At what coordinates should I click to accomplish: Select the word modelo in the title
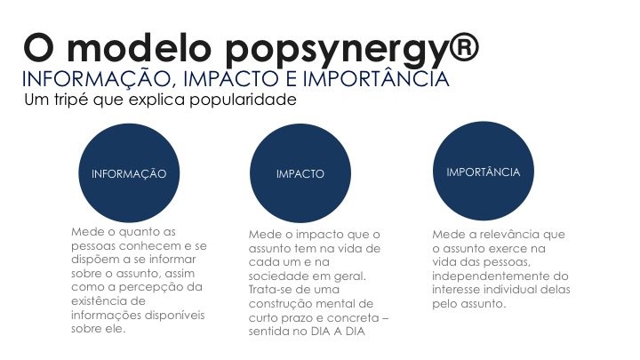coord(139,48)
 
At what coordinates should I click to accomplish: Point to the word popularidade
coord(243,100)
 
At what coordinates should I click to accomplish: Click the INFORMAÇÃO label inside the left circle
coord(129,173)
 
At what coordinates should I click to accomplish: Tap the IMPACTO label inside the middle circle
coord(300,174)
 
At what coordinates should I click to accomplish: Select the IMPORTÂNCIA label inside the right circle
coord(484,172)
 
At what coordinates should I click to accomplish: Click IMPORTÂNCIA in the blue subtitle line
coord(376,79)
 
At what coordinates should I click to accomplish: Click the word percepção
coord(151,288)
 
